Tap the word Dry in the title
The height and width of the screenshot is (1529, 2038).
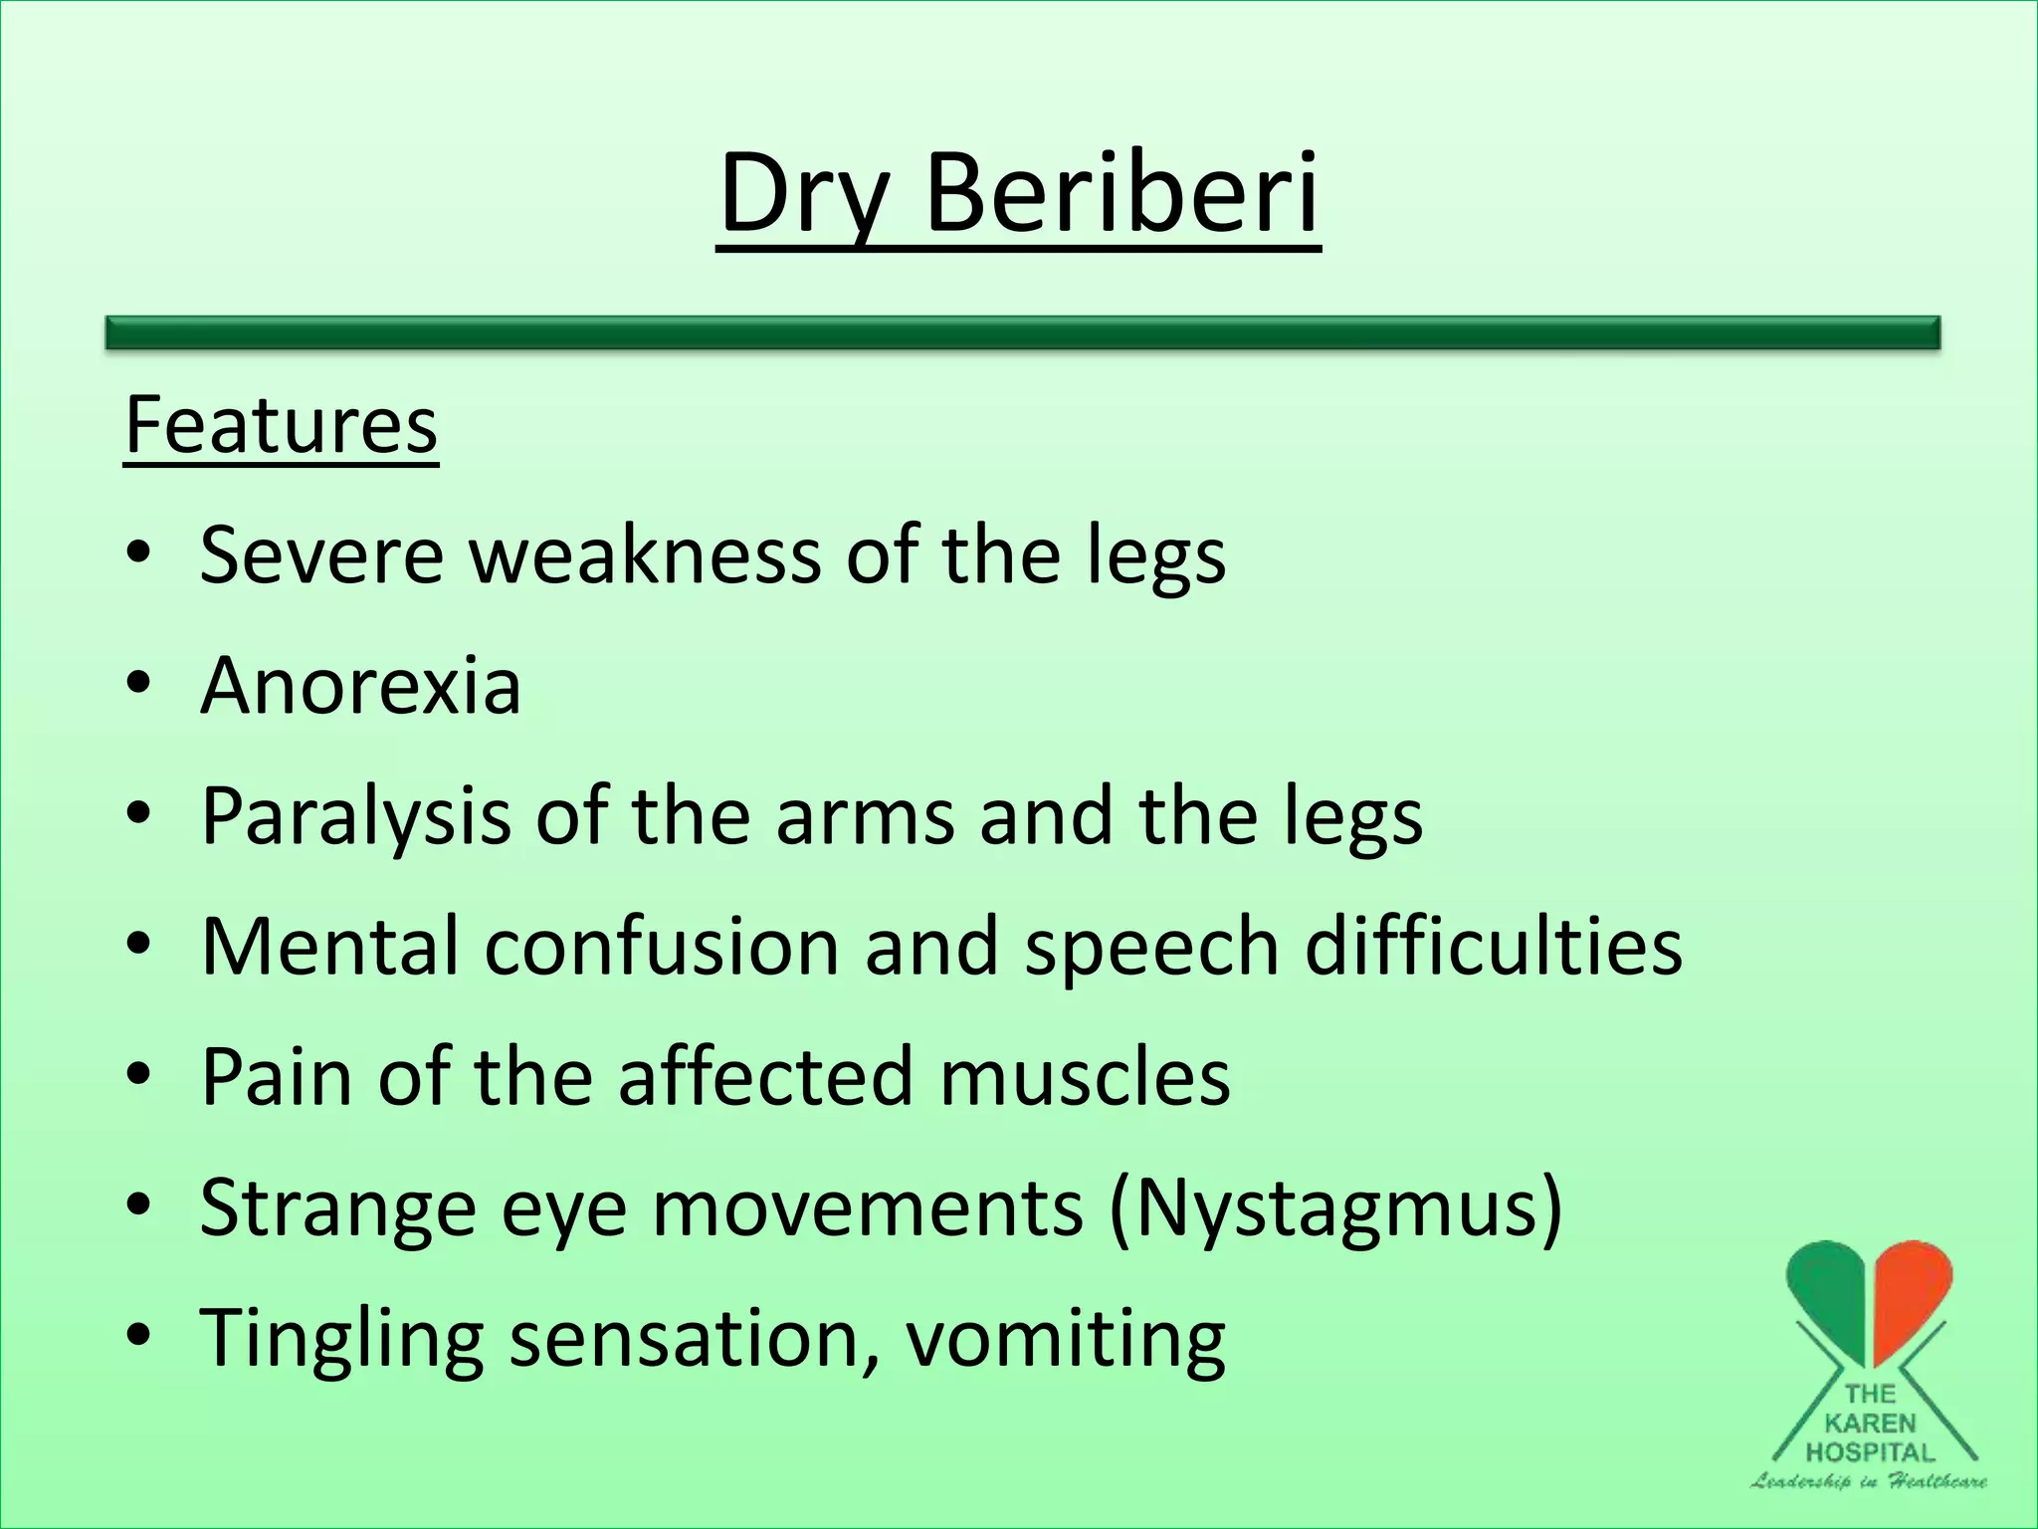pyautogui.click(x=802, y=194)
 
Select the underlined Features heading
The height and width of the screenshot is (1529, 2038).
pyautogui.click(x=281, y=425)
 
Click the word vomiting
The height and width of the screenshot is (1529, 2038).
pyautogui.click(x=1065, y=1339)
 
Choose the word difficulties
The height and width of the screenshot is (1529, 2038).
pyautogui.click(x=1493, y=946)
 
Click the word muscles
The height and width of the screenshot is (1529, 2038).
pyautogui.click(x=1084, y=1077)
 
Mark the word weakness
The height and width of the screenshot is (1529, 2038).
pyautogui.click(x=645, y=554)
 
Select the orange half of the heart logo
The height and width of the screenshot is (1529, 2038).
pyautogui.click(x=1911, y=1294)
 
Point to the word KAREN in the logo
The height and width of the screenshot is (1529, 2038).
pyautogui.click(x=1870, y=1423)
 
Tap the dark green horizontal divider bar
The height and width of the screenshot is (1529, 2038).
pyautogui.click(x=1022, y=332)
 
